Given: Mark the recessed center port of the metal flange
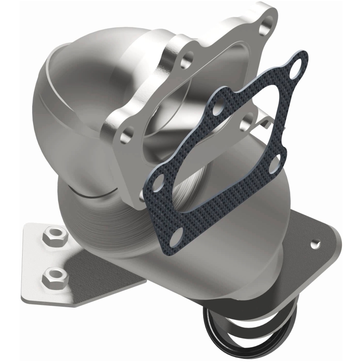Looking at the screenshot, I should click(x=181, y=109).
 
